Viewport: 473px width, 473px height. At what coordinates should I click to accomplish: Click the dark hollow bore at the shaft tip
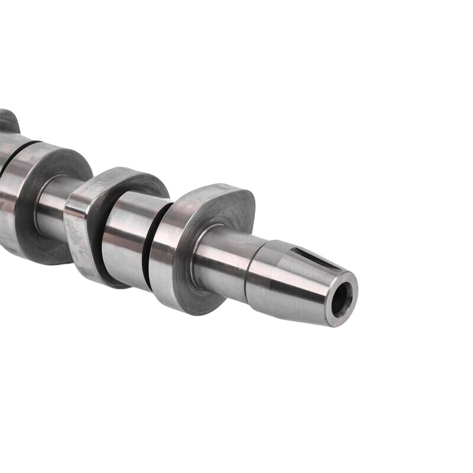click(x=341, y=300)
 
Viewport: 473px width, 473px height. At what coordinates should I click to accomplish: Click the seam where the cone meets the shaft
click(x=251, y=273)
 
